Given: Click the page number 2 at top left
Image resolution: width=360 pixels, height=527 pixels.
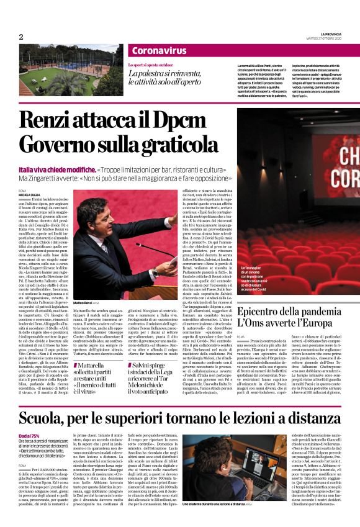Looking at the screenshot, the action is pos(20,37).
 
